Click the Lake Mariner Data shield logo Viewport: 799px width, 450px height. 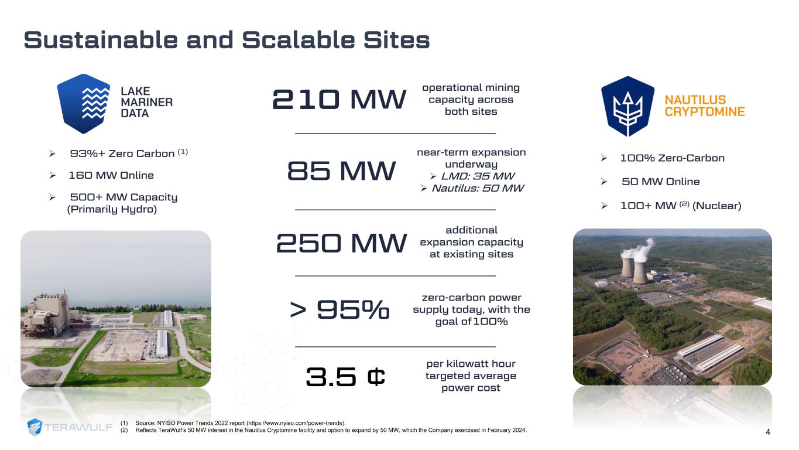(84, 104)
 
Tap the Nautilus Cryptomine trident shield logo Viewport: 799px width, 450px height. (627, 106)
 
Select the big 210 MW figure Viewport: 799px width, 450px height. (340, 99)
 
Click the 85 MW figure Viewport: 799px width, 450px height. (341, 171)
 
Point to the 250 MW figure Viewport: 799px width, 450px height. (341, 243)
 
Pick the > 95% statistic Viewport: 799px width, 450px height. (340, 309)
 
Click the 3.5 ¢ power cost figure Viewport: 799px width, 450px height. (345, 376)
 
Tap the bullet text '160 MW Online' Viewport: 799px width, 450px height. (111, 175)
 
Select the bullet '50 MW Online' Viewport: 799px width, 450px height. (661, 182)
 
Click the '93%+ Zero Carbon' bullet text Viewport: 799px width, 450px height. (122, 154)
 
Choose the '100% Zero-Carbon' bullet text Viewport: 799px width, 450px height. (673, 158)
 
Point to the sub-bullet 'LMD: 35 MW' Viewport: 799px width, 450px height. (478, 176)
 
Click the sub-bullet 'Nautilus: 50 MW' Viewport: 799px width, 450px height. (478, 188)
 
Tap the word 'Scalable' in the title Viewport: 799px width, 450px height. (298, 40)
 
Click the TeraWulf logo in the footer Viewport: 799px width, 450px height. (70, 427)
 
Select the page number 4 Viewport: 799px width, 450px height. (767, 432)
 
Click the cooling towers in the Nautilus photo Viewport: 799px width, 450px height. (635, 270)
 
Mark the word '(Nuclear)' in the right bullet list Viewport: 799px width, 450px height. (716, 206)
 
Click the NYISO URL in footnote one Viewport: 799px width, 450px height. (295, 423)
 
